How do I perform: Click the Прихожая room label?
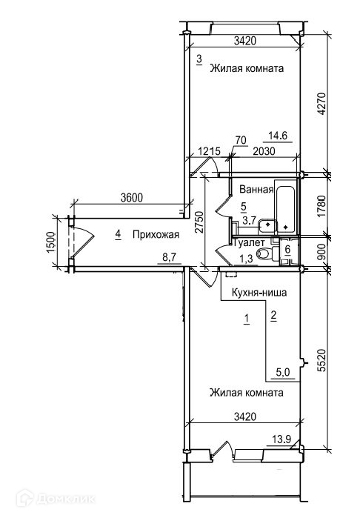point(156,235)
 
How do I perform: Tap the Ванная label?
point(256,189)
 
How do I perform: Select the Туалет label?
point(250,243)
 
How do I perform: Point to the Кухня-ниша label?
point(259,293)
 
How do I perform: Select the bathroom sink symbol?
point(268,225)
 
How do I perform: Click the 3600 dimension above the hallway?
point(132,198)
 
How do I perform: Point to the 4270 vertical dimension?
point(321,104)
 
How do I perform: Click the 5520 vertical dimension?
point(321,360)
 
